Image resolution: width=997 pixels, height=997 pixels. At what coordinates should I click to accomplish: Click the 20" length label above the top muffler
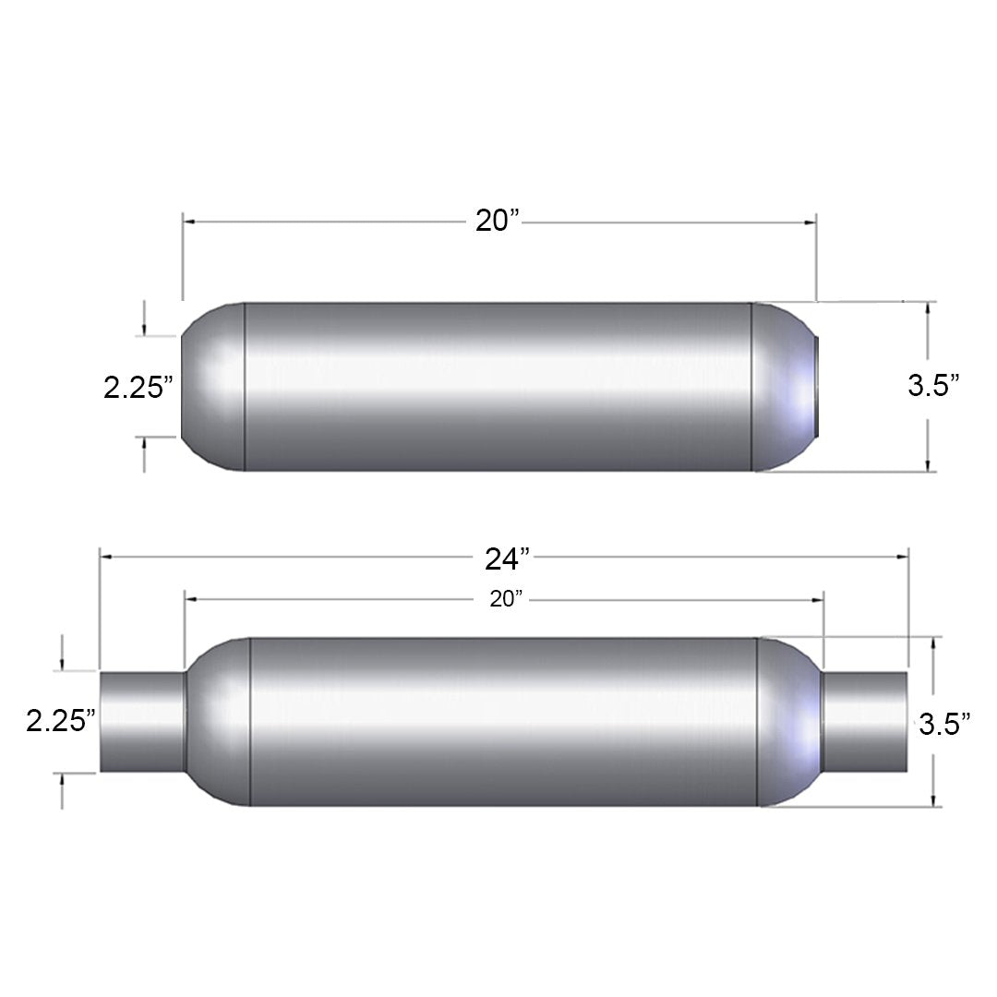(498, 221)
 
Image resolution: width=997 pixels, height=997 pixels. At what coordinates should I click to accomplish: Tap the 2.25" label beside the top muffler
(138, 387)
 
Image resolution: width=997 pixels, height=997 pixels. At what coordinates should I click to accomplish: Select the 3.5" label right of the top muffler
(933, 385)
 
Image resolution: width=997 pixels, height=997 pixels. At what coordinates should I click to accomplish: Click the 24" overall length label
(507, 559)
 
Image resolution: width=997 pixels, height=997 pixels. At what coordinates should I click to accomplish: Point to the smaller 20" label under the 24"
(506, 599)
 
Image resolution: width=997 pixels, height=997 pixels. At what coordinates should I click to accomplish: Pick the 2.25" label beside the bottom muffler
(61, 721)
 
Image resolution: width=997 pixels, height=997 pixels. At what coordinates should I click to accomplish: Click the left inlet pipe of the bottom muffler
(142, 721)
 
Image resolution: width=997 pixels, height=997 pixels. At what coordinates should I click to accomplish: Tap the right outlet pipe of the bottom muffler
(864, 721)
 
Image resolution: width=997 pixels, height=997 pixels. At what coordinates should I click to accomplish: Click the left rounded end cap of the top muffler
(213, 387)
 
